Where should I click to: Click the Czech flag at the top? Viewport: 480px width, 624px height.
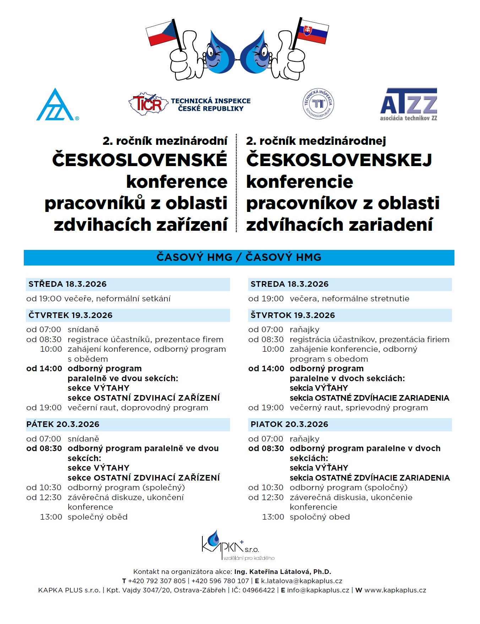point(162,34)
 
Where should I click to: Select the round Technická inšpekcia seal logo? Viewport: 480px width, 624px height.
point(318,104)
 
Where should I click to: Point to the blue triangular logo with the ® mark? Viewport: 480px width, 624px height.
point(56,106)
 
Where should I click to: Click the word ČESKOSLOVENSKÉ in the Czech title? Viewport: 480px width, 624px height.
point(140,160)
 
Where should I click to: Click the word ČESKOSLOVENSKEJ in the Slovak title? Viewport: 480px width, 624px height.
point(339,160)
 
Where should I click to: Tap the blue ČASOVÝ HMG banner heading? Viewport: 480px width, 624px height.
point(239,257)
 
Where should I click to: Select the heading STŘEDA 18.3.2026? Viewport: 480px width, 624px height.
point(67,284)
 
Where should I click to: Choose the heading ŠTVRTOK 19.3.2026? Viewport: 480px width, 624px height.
point(293,315)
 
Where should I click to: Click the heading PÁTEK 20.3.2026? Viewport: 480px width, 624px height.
point(63,424)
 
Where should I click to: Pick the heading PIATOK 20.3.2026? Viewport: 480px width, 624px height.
point(289,424)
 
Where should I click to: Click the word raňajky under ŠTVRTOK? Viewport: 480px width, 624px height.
point(305,330)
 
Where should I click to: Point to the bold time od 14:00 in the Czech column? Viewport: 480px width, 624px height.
point(44,368)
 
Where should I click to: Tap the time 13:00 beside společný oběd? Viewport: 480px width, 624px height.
point(51,517)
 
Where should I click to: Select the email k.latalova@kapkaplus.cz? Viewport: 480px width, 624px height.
point(301,581)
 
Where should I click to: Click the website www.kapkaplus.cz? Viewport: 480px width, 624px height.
point(395,590)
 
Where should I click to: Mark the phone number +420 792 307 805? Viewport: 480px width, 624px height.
point(157,581)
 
